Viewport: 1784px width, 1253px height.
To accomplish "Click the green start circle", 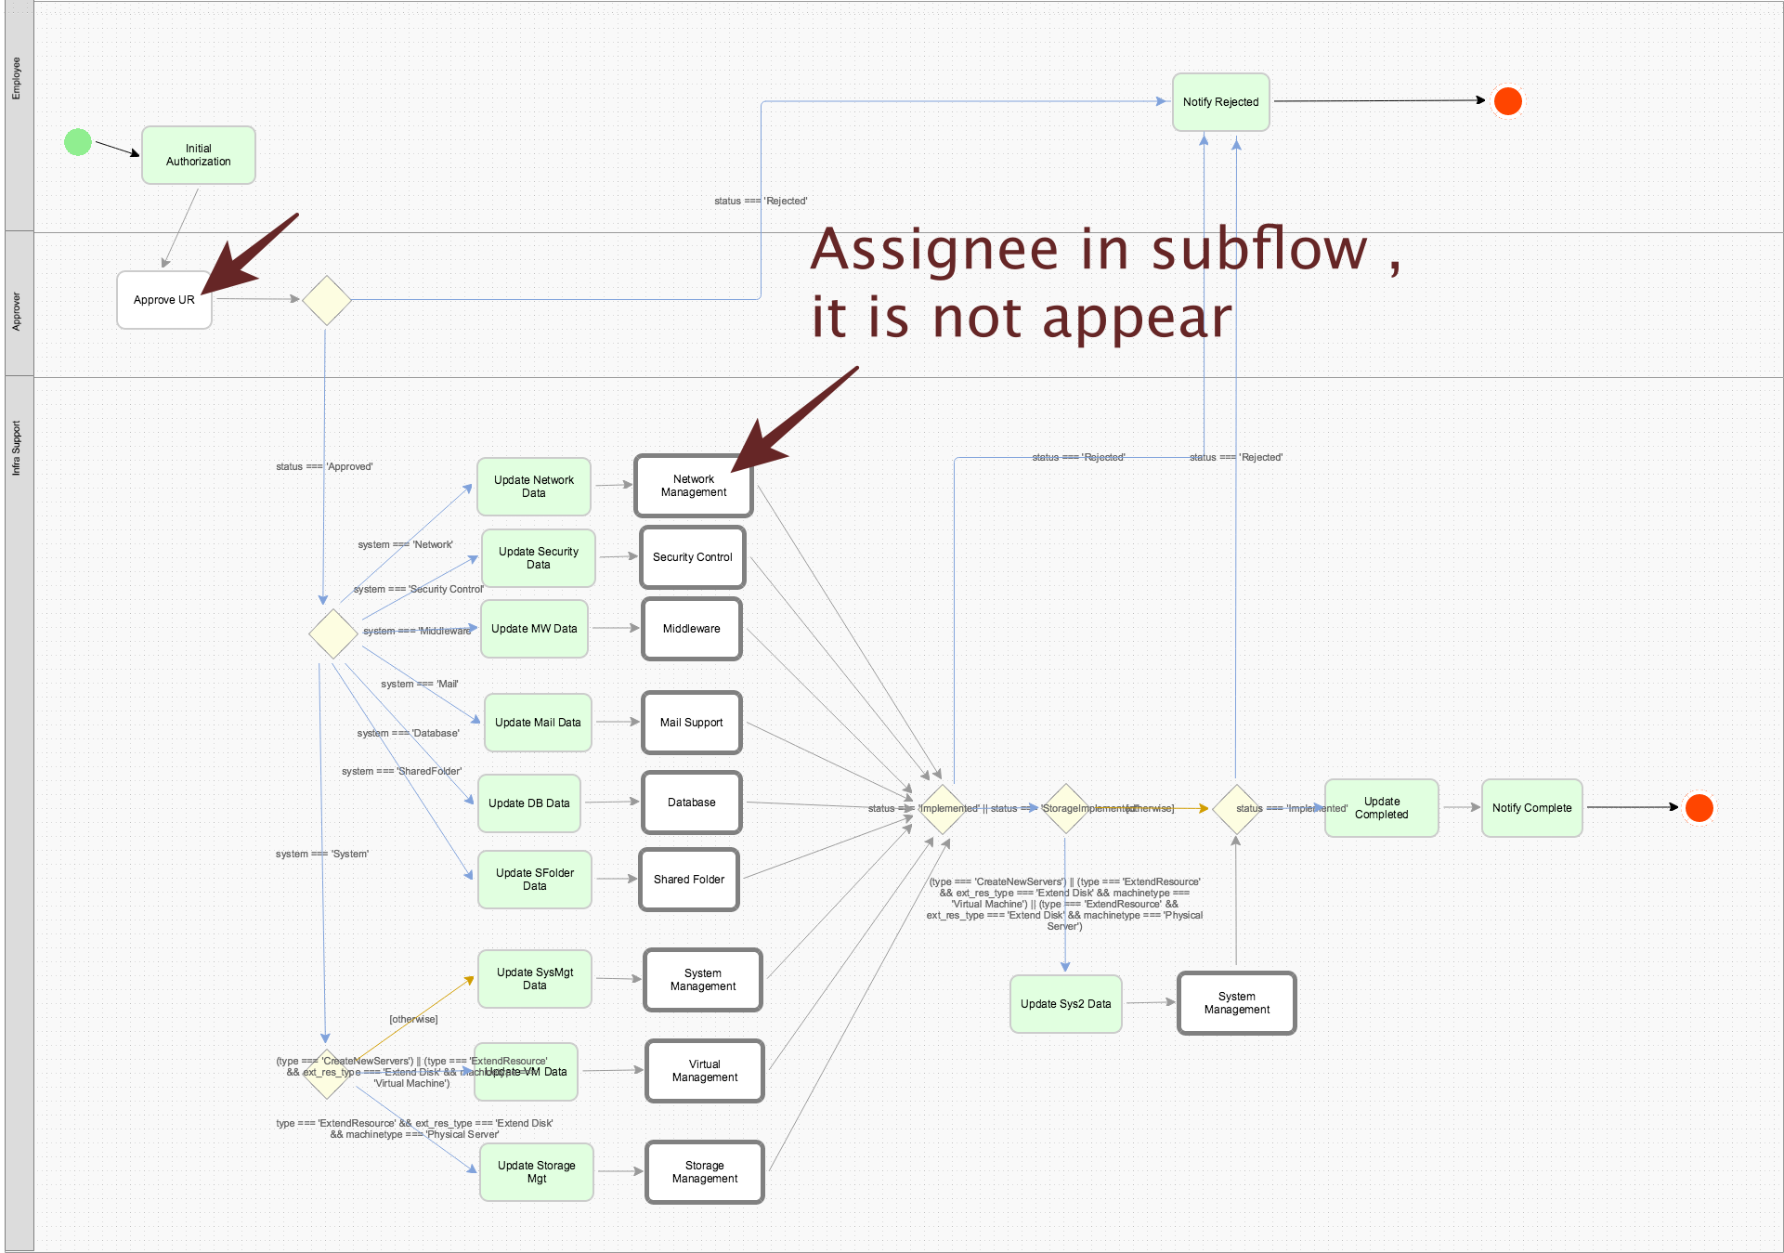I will (78, 142).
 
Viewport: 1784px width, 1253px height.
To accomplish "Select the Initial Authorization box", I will (198, 155).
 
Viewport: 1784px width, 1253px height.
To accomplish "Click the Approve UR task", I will (164, 300).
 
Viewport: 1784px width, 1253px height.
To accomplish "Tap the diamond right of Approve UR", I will (327, 300).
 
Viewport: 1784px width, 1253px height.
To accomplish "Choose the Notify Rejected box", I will (1220, 102).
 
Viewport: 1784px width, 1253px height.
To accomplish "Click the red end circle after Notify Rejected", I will (1507, 101).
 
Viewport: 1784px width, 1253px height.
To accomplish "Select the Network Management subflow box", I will (694, 486).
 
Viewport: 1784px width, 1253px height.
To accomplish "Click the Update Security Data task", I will (538, 558).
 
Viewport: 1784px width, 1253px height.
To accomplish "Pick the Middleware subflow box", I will (692, 629).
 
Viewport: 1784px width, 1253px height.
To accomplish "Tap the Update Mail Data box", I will (538, 723).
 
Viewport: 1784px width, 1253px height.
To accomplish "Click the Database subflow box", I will (692, 803).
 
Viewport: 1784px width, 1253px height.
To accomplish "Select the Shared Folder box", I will (689, 880).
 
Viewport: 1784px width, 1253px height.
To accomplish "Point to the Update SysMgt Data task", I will (535, 979).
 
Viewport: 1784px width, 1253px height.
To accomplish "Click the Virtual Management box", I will (705, 1071).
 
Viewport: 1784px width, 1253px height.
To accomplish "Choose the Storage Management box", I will (705, 1172).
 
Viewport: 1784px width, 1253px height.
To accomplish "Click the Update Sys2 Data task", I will (1065, 1004).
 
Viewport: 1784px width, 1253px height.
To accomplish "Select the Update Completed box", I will (1381, 808).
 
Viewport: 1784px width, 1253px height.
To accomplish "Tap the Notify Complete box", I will (1531, 808).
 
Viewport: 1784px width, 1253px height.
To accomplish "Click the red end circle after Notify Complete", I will (1699, 808).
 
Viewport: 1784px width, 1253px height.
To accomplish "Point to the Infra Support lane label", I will (17, 449).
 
